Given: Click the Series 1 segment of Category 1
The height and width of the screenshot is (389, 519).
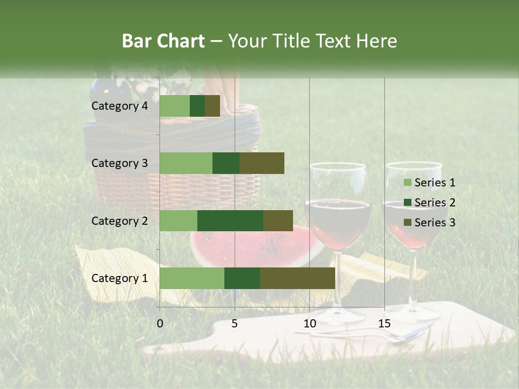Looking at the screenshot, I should (x=192, y=278).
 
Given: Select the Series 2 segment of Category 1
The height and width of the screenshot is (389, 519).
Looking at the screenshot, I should (x=242, y=278).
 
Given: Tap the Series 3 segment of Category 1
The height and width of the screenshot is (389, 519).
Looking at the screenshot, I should (x=297, y=278).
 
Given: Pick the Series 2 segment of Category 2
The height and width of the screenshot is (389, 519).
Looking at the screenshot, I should (x=230, y=220).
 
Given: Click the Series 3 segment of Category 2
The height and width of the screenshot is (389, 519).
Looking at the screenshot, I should (x=278, y=220).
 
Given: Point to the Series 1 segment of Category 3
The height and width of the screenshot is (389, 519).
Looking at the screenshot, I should (x=186, y=163).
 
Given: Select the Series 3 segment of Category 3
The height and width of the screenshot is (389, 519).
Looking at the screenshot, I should (x=262, y=163).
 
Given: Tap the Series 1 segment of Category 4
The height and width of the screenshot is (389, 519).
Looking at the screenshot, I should (x=175, y=106).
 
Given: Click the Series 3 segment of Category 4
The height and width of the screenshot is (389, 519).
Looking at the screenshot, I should (x=212, y=106).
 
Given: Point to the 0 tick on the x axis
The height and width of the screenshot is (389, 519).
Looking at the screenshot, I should (x=160, y=324).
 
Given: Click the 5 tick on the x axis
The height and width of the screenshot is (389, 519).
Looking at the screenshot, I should (x=235, y=324).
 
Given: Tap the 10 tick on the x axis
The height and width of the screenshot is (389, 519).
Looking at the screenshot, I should (x=309, y=324).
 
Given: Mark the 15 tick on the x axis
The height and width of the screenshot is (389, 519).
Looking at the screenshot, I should (x=384, y=324).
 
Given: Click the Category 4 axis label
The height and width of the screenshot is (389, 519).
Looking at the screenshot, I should (x=119, y=106).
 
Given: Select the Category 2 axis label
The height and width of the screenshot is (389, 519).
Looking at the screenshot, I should (x=119, y=220).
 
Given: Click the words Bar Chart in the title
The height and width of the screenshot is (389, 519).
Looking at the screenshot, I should (x=163, y=41).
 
